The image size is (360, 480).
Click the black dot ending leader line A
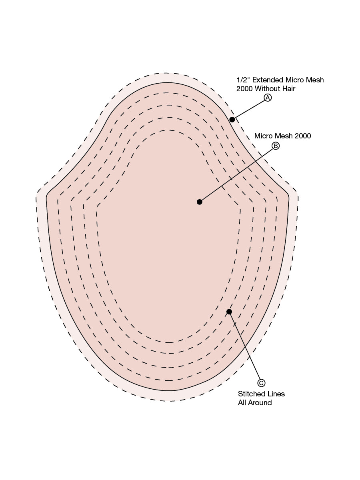click(232, 120)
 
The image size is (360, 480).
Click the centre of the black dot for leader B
click(199, 202)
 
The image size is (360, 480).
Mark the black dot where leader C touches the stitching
click(229, 312)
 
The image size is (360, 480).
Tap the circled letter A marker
click(268, 98)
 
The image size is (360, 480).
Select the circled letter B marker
click(276, 146)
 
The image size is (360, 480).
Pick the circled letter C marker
click(261, 383)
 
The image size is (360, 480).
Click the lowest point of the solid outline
click(169, 390)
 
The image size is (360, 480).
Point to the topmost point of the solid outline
click(168, 82)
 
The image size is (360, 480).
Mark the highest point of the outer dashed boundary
click(166, 73)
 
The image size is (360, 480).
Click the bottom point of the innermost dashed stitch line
click(169, 342)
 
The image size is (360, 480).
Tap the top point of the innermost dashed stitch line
click(169, 130)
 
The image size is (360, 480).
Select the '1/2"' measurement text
click(243, 80)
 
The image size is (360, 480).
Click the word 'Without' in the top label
click(268, 88)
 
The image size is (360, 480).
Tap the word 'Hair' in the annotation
click(289, 88)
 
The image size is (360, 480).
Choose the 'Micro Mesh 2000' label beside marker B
click(282, 136)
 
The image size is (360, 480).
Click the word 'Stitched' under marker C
click(251, 394)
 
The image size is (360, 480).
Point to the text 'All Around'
click(255, 402)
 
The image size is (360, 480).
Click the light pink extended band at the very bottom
click(169, 396)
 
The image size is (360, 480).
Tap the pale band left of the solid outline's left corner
click(41, 198)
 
